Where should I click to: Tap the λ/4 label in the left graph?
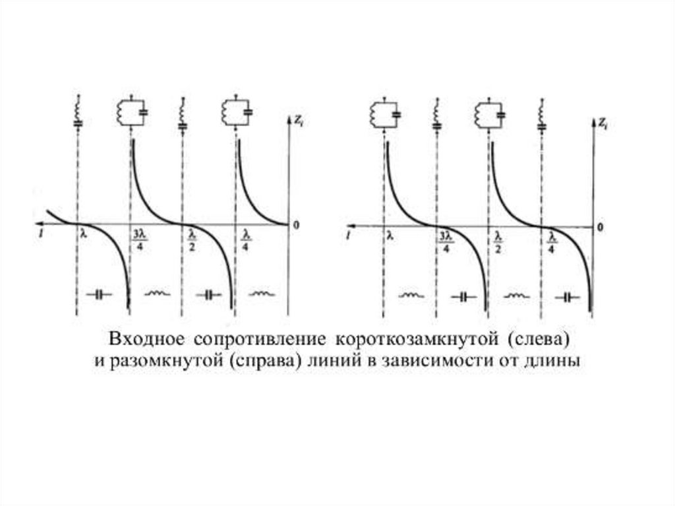(x=246, y=239)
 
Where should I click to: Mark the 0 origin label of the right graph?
(x=599, y=226)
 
